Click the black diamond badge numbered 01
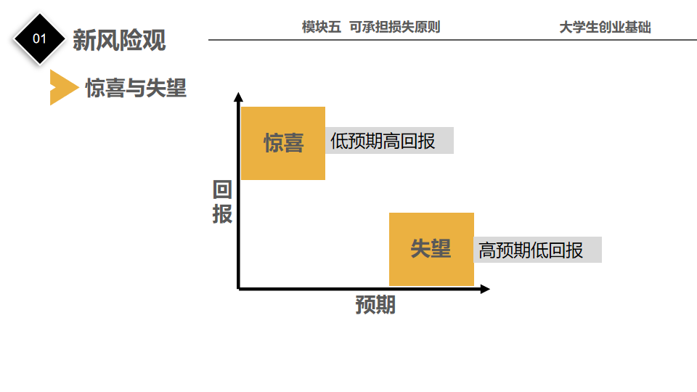point(39,38)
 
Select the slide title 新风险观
point(119,39)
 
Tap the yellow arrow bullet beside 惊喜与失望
point(62,88)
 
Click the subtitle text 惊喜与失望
point(136,88)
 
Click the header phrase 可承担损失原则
point(394,28)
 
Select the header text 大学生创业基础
point(605,28)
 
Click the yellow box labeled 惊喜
point(283,143)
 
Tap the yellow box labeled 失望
point(431,249)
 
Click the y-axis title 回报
point(222,203)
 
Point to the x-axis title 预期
point(375,305)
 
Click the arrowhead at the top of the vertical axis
point(238,97)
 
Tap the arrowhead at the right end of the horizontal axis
point(484,289)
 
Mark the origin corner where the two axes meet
point(239,288)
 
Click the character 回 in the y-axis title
point(222,191)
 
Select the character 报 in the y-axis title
point(222,215)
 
